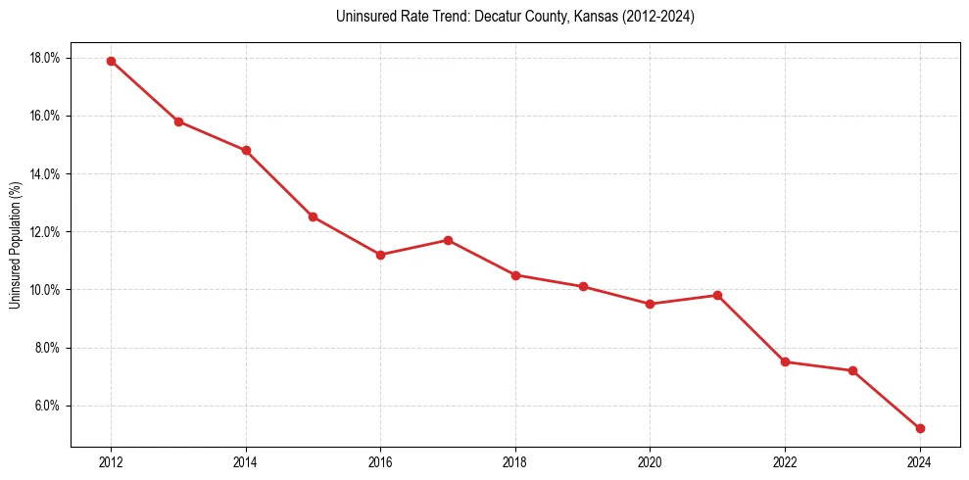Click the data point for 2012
pyautogui.click(x=111, y=61)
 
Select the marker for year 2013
pyautogui.click(x=178, y=121)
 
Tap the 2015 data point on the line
pyautogui.click(x=313, y=216)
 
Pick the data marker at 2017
pyautogui.click(x=448, y=240)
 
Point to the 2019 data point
pyautogui.click(x=583, y=287)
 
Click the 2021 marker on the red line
pyautogui.click(x=717, y=295)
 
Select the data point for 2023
pyautogui.click(x=852, y=370)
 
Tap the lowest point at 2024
pyautogui.click(x=920, y=428)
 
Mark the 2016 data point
pyautogui.click(x=380, y=255)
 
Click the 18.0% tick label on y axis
pyautogui.click(x=45, y=58)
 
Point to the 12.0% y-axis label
pyautogui.click(x=45, y=232)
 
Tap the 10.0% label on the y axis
pyautogui.click(x=45, y=290)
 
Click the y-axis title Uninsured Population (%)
pyautogui.click(x=15, y=245)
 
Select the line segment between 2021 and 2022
pyautogui.click(x=751, y=329)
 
